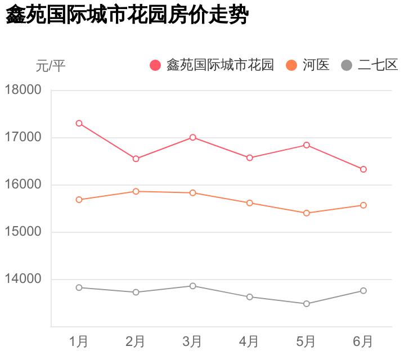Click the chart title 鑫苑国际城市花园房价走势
(x=127, y=15)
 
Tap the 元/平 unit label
(x=51, y=66)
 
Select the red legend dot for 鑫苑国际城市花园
(x=155, y=65)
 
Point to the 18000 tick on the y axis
(x=23, y=90)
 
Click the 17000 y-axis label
(x=23, y=137)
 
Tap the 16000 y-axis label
(x=23, y=184)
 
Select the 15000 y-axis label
(x=23, y=232)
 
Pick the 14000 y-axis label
(x=23, y=279)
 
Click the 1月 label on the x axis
(x=79, y=341)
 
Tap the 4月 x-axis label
(x=249, y=341)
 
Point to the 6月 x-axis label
(x=363, y=341)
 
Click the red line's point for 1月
(x=79, y=123)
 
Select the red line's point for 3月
(x=192, y=137)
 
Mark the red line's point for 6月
(x=363, y=169)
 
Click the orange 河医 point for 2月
(x=136, y=191)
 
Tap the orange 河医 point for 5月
(x=307, y=213)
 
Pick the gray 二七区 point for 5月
(x=307, y=304)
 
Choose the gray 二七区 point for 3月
(x=192, y=286)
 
